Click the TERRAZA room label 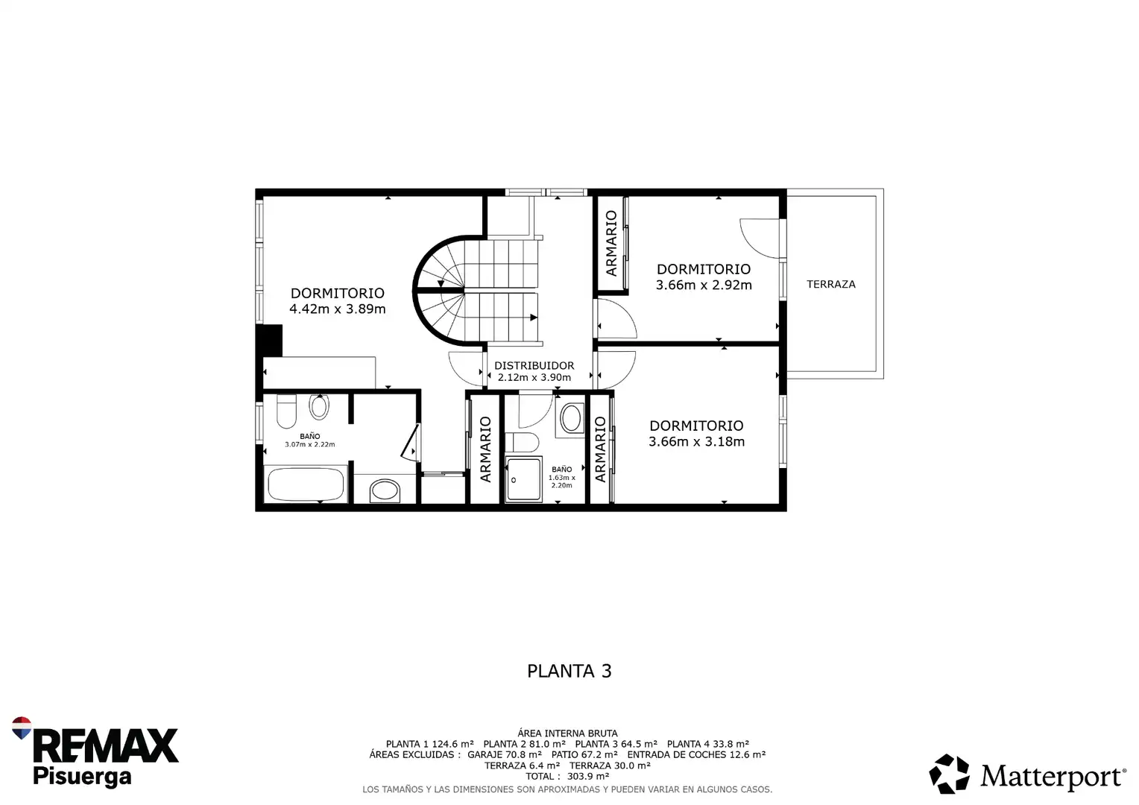pos(831,284)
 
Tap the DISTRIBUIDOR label pos(534,366)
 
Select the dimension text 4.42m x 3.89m pos(337,309)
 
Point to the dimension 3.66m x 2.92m pos(703,285)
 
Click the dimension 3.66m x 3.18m pos(696,442)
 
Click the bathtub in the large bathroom pos(306,484)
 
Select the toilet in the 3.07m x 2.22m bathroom pos(286,412)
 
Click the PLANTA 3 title pos(569,672)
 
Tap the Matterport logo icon pos(949,774)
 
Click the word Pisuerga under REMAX pos(82,777)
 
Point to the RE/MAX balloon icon pos(22,727)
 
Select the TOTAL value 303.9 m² pos(588,777)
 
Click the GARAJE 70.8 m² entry pos(505,754)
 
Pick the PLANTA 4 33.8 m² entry pos(708,744)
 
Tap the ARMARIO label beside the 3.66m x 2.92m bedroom pos(611,243)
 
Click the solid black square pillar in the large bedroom pos(269,340)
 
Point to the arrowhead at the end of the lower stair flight pos(534,318)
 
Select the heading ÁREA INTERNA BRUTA pos(567,733)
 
